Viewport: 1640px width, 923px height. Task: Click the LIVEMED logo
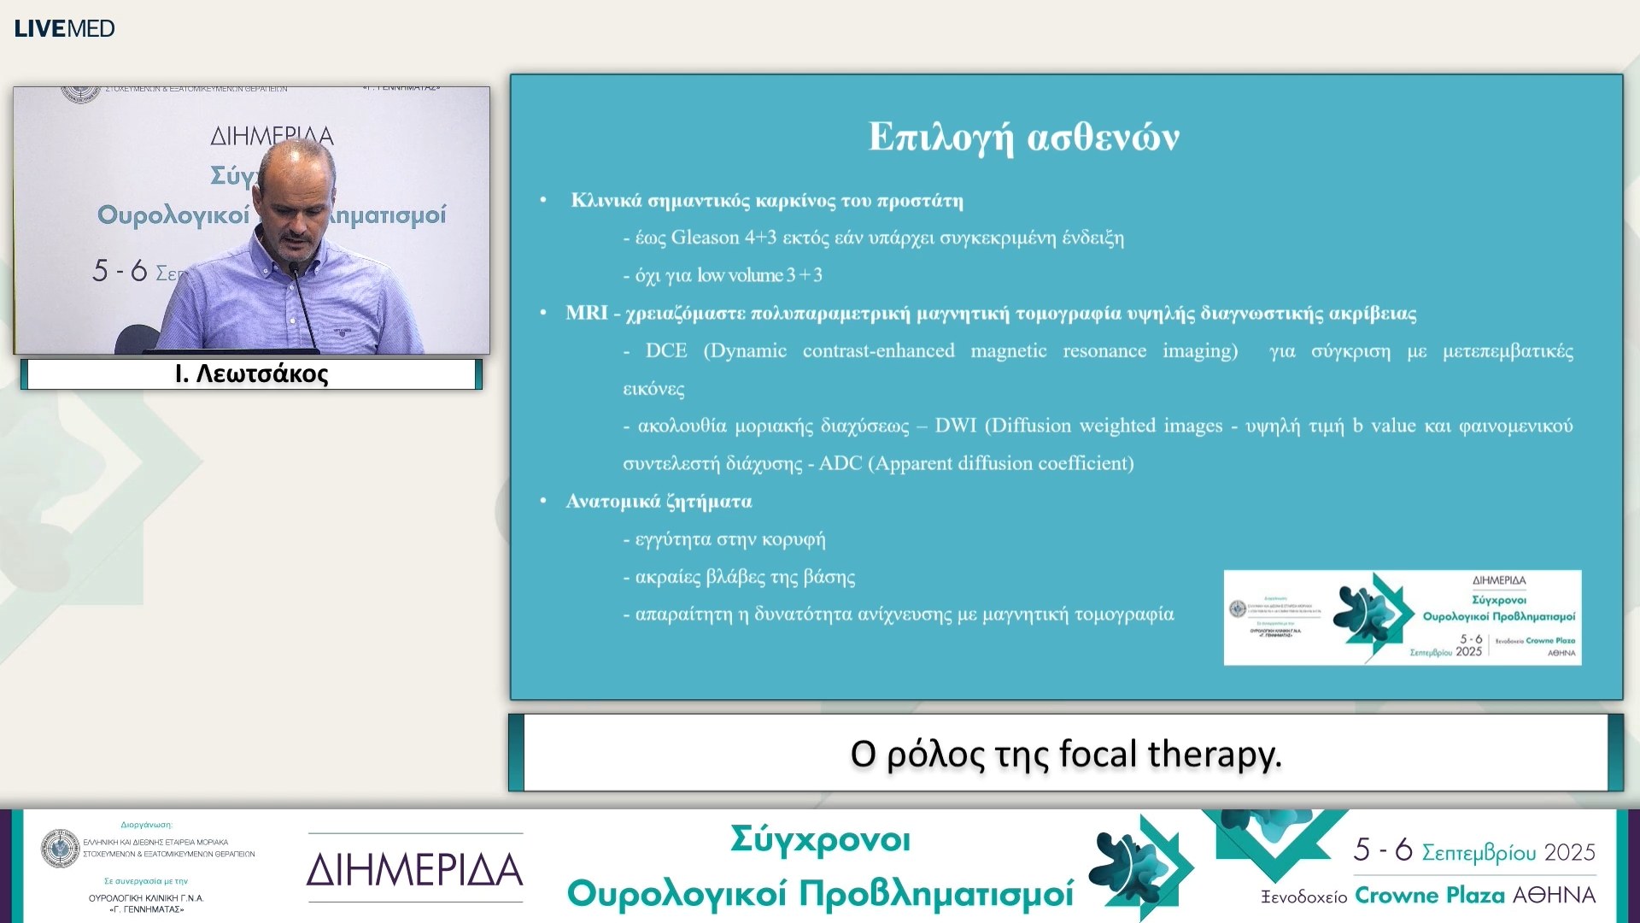64,28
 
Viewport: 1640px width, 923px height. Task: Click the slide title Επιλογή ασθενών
1023,137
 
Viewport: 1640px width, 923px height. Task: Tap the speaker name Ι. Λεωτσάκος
251,374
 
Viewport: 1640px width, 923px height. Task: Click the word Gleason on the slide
705,238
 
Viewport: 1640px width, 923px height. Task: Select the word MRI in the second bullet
586,313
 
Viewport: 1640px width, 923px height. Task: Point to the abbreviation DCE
665,350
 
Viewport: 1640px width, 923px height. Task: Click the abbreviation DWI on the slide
955,426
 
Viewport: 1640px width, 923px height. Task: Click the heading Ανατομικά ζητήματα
659,502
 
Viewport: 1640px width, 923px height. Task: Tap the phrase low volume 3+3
759,275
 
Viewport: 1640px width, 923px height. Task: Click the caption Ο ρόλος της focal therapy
1065,754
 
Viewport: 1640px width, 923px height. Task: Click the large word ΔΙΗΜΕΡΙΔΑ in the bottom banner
414,869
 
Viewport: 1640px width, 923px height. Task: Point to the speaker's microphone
294,271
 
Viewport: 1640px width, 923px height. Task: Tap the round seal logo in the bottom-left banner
60,849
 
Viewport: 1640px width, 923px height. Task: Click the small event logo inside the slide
1402,617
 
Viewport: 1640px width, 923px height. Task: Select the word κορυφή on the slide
793,539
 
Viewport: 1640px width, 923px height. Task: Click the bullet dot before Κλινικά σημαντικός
543,201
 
